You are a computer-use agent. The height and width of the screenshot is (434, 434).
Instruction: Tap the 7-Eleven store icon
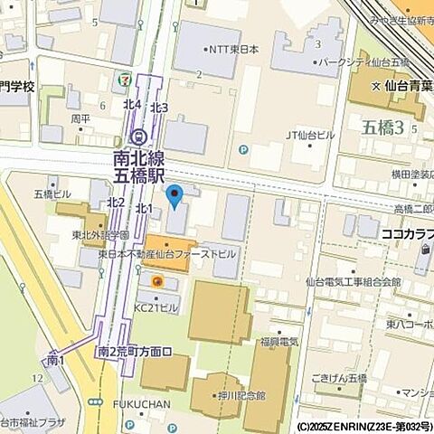[x=120, y=79]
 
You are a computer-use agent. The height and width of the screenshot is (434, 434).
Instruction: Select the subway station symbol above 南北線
[x=138, y=137]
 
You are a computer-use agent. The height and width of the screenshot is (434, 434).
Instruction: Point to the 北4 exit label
[x=132, y=105]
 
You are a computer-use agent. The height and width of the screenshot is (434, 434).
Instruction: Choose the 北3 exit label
[x=159, y=108]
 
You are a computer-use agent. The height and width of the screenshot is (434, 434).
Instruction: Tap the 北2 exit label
[x=115, y=202]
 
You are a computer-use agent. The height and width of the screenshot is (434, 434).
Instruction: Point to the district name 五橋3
[x=382, y=126]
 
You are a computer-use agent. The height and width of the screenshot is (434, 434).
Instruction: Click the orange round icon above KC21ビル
[x=157, y=282]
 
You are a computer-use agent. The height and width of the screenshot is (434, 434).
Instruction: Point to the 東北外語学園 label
[x=99, y=236]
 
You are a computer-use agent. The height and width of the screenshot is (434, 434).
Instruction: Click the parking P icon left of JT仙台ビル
[x=242, y=150]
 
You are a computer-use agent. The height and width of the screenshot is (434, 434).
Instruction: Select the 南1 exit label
[x=55, y=360]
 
